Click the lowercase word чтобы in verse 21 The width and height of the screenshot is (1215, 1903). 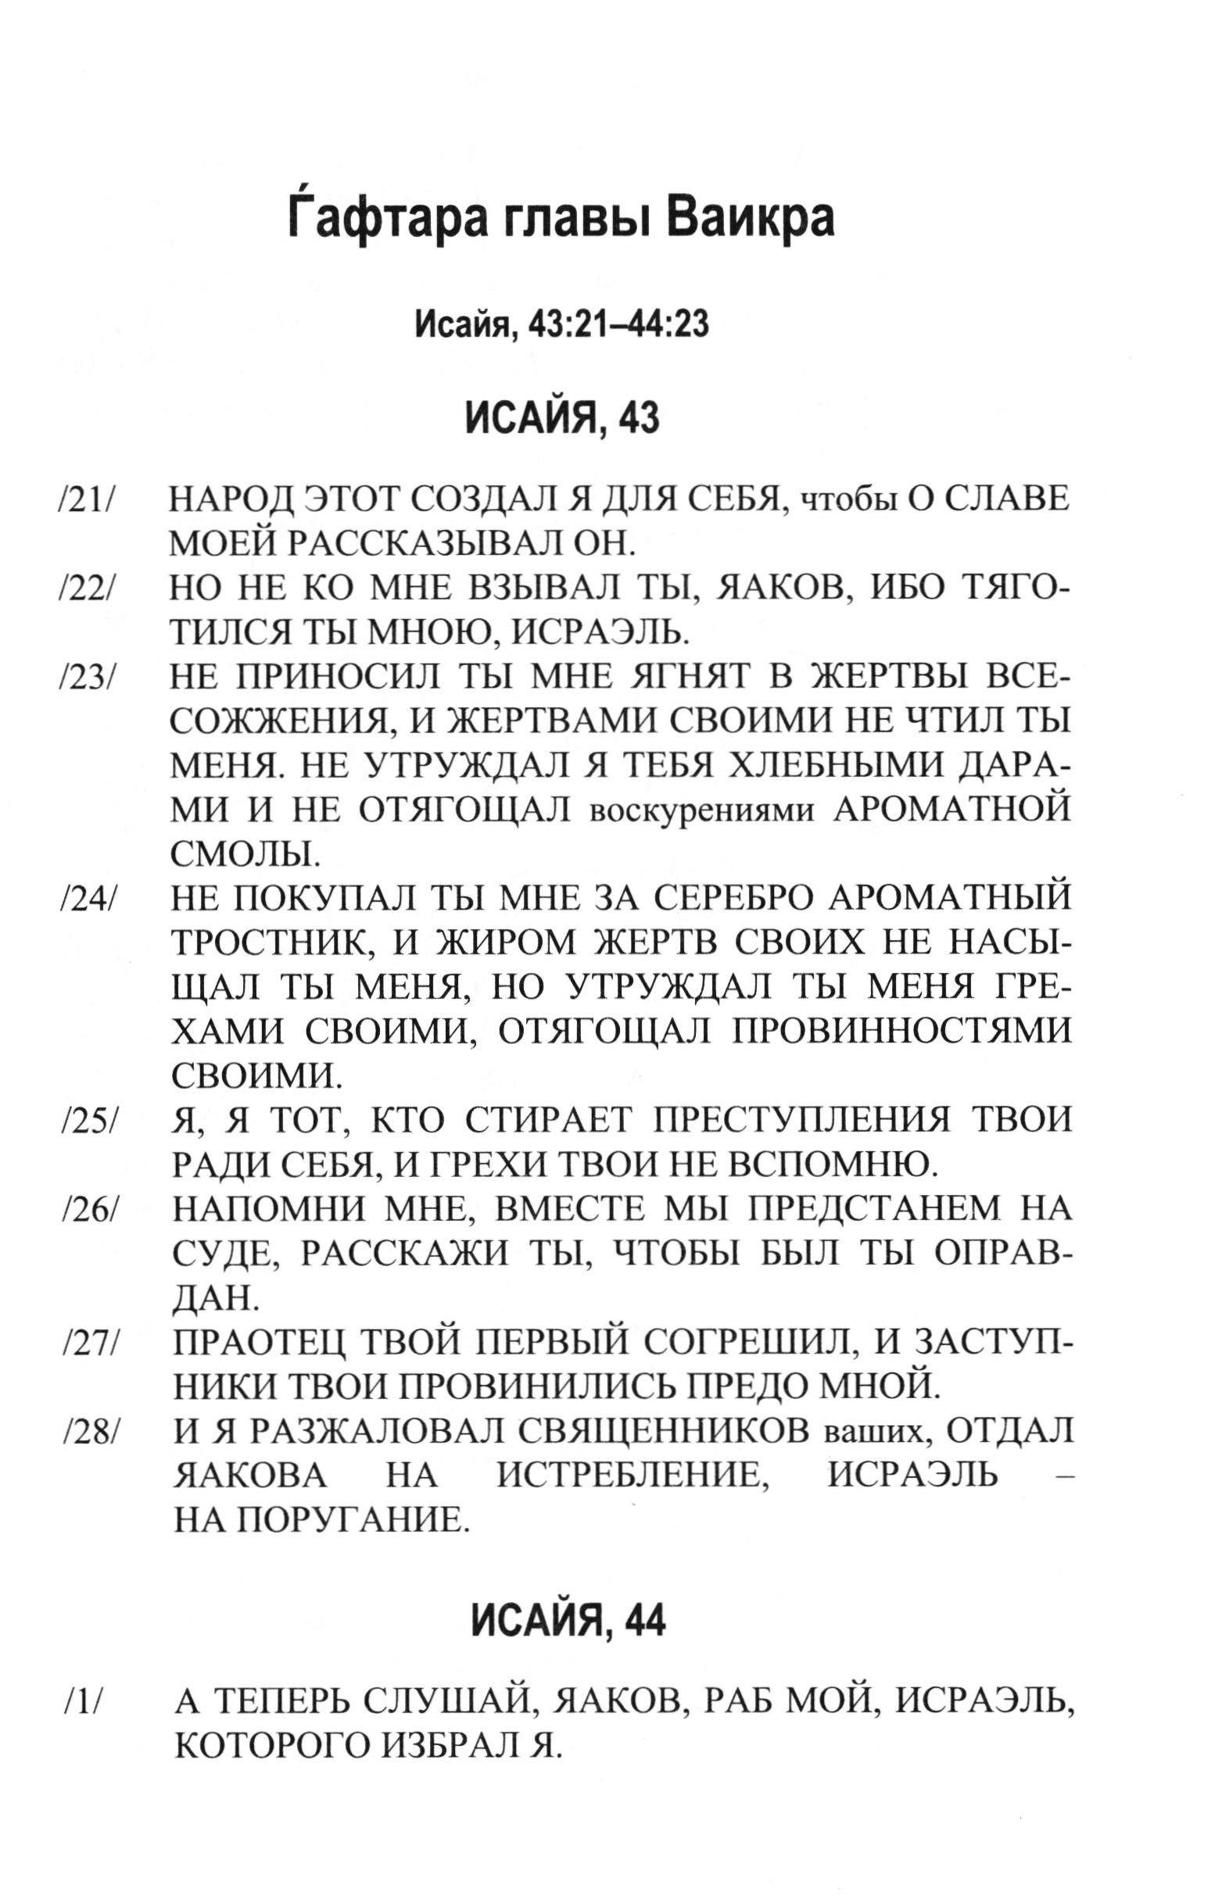850,501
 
